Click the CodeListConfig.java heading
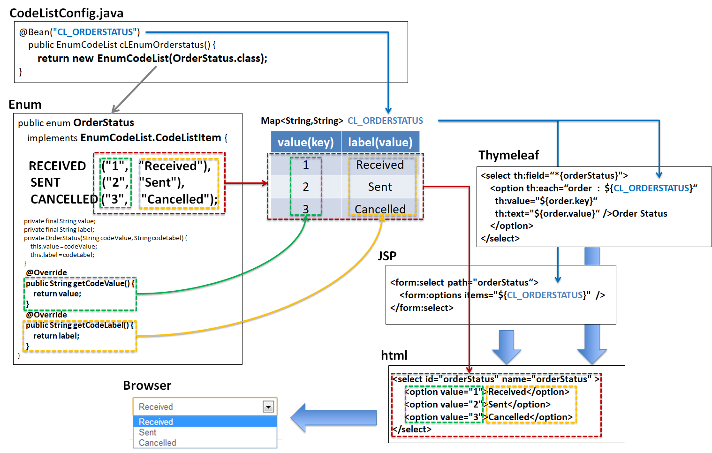click(x=67, y=13)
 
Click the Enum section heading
click(x=25, y=105)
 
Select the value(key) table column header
click(x=306, y=142)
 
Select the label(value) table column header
click(x=380, y=142)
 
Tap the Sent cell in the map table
click(x=380, y=187)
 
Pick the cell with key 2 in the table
click(x=306, y=187)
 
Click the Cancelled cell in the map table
click(x=380, y=209)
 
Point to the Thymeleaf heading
click(x=508, y=155)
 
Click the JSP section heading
click(x=387, y=256)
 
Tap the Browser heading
click(x=147, y=385)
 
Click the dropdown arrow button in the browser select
click(x=268, y=407)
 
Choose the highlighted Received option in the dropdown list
click(x=156, y=422)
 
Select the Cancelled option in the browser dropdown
click(x=158, y=443)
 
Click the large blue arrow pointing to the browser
click(x=333, y=417)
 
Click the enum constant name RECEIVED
click(x=57, y=166)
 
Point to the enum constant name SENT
click(x=45, y=182)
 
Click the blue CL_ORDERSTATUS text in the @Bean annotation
click(x=95, y=32)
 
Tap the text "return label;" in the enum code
click(x=56, y=336)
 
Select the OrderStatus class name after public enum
click(x=104, y=123)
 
